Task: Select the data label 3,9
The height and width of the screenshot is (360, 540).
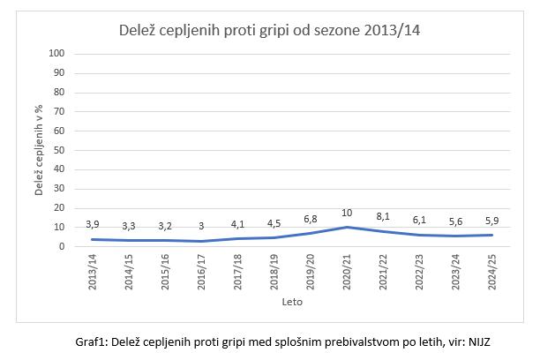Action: point(91,224)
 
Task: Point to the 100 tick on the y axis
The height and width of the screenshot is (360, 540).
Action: point(59,54)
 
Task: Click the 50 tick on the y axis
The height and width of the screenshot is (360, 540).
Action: point(61,150)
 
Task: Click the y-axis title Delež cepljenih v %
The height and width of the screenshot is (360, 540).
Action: point(39,150)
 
